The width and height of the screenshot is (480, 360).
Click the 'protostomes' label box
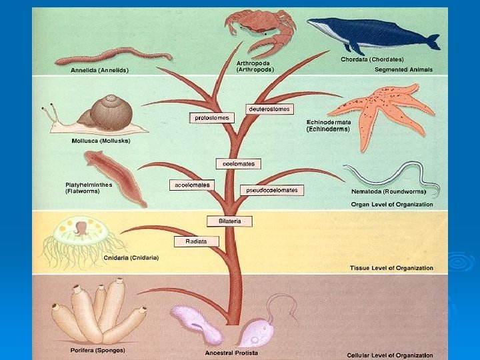(213, 118)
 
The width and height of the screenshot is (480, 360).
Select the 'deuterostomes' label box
(269, 109)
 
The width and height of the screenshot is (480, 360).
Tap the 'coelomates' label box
(238, 163)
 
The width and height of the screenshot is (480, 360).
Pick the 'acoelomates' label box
(192, 185)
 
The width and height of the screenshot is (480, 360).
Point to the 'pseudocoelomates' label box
(273, 190)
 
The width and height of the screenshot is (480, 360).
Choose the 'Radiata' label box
(197, 241)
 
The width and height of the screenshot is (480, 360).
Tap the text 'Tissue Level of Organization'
(391, 268)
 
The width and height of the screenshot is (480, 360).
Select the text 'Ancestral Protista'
(232, 353)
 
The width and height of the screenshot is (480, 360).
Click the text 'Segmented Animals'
(403, 69)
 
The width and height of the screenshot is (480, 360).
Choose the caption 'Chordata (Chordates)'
(372, 59)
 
